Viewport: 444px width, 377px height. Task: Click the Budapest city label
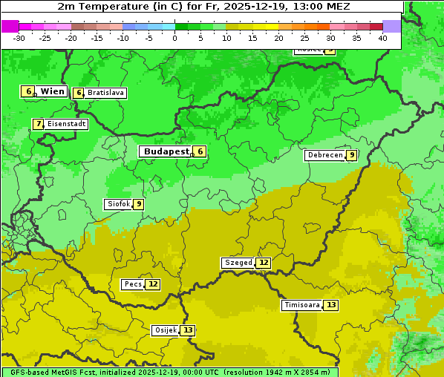coord(166,151)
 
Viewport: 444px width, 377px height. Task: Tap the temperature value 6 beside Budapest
coord(199,151)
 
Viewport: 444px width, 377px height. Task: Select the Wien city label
coord(52,91)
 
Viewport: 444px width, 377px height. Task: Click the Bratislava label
coord(105,93)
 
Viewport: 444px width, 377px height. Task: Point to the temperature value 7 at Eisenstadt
coord(38,124)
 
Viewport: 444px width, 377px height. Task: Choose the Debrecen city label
coord(324,155)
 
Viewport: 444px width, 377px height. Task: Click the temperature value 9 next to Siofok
coord(138,204)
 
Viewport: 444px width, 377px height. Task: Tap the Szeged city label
coord(238,263)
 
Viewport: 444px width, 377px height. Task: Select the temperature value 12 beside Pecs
coord(152,284)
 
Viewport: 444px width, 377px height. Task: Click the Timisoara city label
coord(302,305)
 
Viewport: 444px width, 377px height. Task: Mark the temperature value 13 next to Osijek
coord(188,330)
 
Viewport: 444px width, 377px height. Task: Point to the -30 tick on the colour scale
coord(19,38)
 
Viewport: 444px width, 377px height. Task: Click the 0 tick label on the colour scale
coord(175,38)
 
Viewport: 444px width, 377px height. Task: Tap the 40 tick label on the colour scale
coord(382,38)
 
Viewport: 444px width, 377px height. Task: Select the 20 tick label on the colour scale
coord(278,38)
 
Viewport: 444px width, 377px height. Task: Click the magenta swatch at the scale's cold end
coord(10,26)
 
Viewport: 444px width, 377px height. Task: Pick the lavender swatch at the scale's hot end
coord(392,26)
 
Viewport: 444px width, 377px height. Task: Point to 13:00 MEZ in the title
coord(323,6)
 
